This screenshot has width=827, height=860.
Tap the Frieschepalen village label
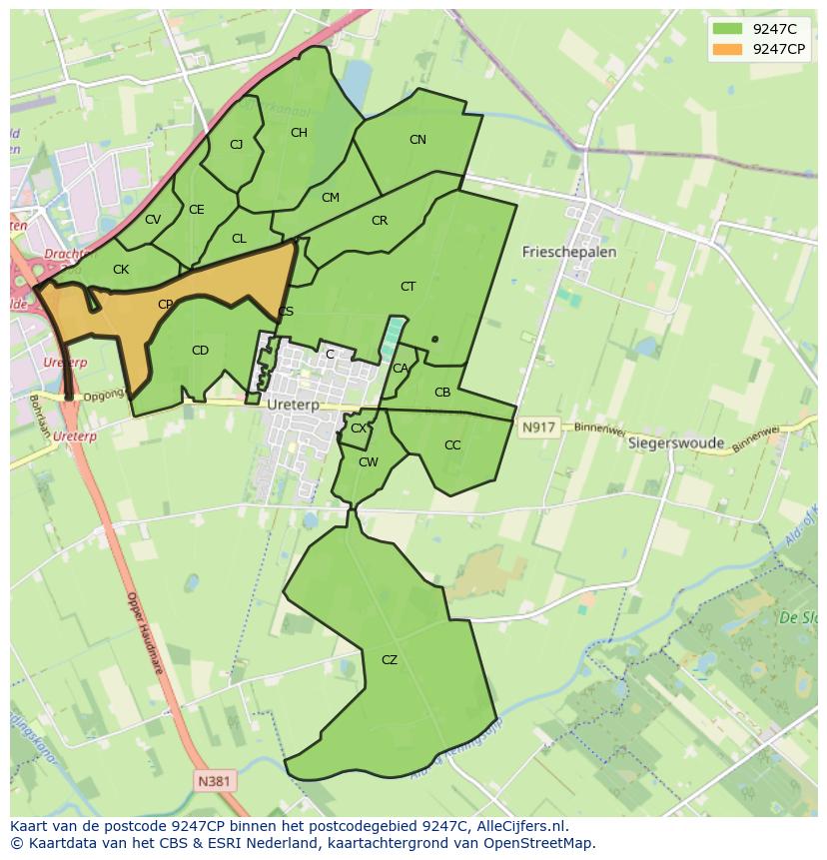pos(568,253)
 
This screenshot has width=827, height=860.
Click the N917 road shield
pos(537,428)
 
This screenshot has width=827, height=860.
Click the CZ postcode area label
pos(390,660)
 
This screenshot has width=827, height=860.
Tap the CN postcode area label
pos(417,141)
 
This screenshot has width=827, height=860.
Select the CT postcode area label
pos(408,288)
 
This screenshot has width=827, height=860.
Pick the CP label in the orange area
pos(165,305)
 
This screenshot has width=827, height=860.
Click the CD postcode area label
pos(200,351)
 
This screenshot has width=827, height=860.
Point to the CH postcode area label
pos(299,133)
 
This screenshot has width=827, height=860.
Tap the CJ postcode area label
pos(236,145)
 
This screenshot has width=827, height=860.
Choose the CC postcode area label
pos(452,445)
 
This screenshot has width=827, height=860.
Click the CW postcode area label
pos(369,462)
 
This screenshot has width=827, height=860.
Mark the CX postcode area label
pos(358,429)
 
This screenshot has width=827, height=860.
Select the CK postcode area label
pos(121,270)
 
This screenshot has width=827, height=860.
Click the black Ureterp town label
pos(293,406)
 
